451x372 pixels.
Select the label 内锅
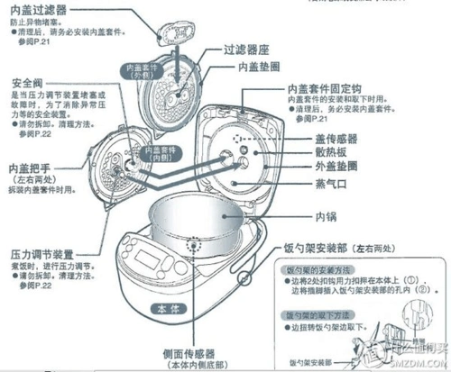click(327, 217)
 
